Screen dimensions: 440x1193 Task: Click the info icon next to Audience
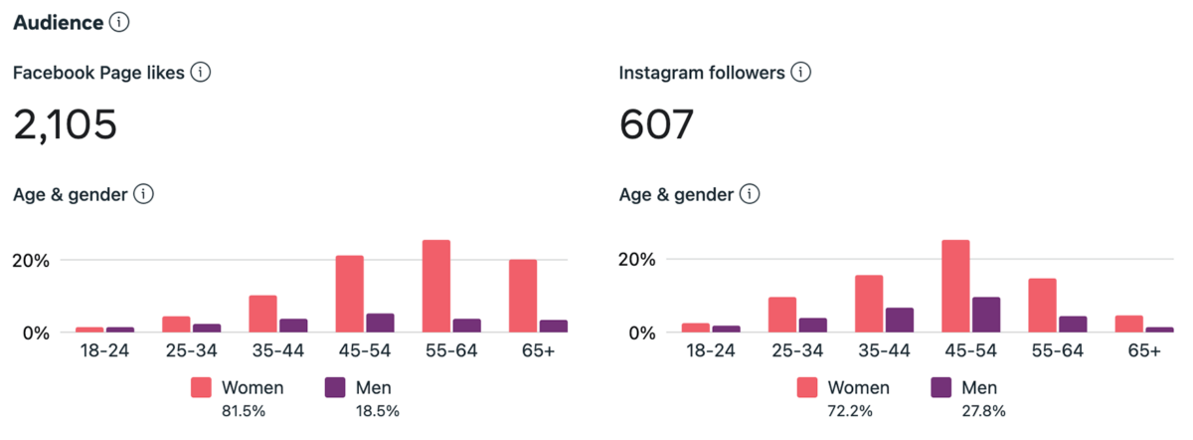(119, 21)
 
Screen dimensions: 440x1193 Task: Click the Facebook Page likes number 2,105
(66, 125)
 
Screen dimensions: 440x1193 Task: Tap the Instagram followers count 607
(656, 125)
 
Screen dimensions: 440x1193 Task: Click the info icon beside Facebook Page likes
(201, 73)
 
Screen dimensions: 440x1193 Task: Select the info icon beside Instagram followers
(801, 73)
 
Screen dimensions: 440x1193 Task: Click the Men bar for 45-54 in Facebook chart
(381, 323)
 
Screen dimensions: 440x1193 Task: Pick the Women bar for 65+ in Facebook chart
(523, 296)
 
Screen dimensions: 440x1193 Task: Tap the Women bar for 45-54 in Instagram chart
(955, 286)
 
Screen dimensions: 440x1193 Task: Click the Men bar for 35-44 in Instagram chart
(899, 320)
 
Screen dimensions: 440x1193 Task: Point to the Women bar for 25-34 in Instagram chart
(782, 315)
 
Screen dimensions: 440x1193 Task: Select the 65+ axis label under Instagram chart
(1143, 350)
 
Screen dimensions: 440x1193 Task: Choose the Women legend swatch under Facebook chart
(203, 388)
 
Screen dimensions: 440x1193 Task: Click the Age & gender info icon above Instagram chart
(750, 194)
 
